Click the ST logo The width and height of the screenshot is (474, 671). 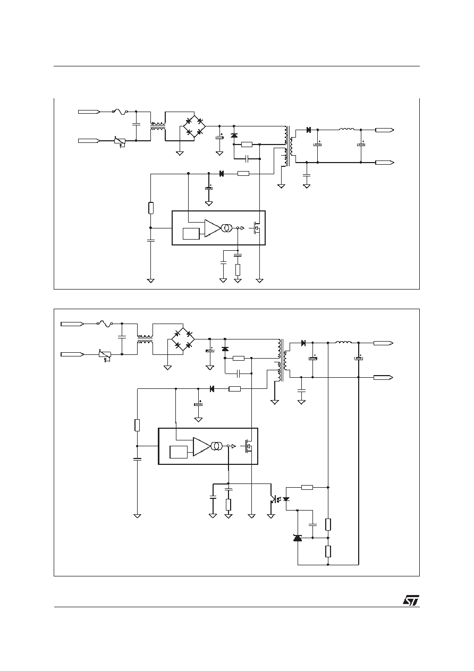tap(411, 600)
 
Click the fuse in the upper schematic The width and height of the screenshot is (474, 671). tap(120, 112)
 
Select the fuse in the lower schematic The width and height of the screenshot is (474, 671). tap(105, 324)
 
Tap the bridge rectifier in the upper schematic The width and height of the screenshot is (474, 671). tap(194, 126)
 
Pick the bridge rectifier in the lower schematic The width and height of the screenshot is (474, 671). tap(183, 339)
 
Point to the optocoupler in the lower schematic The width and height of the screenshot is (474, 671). tap(280, 499)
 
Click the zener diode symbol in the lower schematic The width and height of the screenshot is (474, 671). tap(298, 538)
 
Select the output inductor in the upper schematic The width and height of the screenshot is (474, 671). tap(346, 129)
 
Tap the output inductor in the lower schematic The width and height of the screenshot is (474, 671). tap(343, 342)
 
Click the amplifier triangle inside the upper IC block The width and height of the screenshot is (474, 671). tap(212, 228)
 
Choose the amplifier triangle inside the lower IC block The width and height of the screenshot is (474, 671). tap(201, 447)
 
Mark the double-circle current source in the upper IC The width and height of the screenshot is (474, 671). tap(226, 228)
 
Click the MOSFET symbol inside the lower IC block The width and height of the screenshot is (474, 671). tap(249, 446)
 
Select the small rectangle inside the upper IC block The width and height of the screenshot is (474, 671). tap(191, 234)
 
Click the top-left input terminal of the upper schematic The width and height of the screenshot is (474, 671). tap(89, 112)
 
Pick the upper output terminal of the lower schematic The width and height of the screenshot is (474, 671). tap(383, 343)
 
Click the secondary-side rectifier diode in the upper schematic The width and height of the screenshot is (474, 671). tap(308, 130)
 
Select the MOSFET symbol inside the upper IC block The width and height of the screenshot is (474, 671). tap(256, 228)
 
